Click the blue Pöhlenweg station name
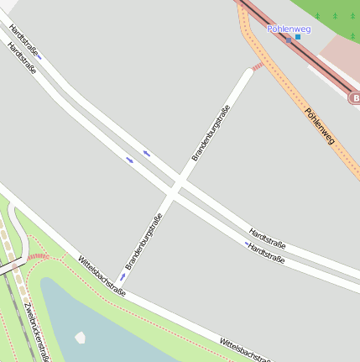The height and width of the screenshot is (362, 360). coord(289,29)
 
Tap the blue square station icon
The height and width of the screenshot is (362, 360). coord(298,38)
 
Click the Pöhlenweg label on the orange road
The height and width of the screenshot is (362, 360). coord(319,126)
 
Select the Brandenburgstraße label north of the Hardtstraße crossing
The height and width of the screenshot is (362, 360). coord(211,134)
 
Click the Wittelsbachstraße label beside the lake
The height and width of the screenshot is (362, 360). coord(102,276)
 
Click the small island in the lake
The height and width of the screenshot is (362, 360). coord(81,338)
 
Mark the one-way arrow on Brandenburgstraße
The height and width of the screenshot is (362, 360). coord(123,276)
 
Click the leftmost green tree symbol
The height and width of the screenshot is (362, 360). coord(317,16)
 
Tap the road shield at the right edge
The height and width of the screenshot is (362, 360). coord(354,98)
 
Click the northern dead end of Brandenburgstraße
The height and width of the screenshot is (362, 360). coord(248,71)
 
